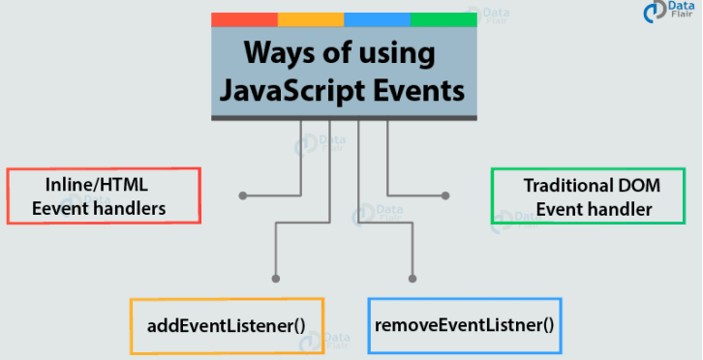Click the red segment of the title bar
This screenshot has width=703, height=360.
244,19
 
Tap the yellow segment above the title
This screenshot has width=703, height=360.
311,19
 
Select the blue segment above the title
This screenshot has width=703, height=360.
377,19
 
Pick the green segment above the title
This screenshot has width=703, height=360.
443,19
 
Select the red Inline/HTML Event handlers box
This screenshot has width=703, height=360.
104,195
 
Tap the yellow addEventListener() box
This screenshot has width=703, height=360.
227,323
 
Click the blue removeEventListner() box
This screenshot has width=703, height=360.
464,323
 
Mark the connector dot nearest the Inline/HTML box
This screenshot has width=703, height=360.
242,195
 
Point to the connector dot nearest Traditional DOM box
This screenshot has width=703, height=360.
445,195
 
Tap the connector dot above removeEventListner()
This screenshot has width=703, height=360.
413,280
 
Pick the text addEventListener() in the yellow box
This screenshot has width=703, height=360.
227,323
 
